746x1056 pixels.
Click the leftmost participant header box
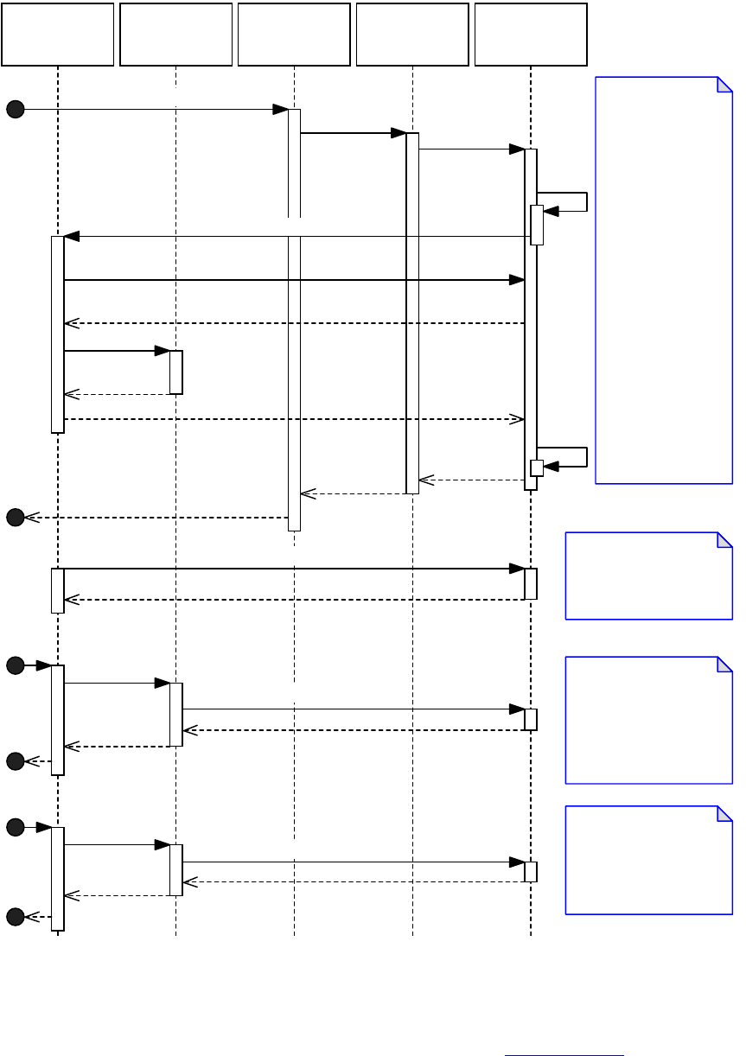click(x=58, y=35)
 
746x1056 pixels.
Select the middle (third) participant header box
click(x=294, y=35)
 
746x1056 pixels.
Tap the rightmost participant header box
click(x=531, y=35)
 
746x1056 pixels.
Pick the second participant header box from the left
click(x=176, y=35)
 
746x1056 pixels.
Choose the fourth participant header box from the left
click(x=412, y=35)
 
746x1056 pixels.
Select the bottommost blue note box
click(x=649, y=860)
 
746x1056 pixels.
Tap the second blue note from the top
click(x=649, y=576)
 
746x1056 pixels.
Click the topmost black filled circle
click(x=15, y=109)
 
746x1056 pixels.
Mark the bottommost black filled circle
click(x=15, y=916)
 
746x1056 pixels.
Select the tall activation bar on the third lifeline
click(x=294, y=320)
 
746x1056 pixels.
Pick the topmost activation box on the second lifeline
click(x=176, y=372)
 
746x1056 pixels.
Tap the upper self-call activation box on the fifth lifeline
click(x=537, y=225)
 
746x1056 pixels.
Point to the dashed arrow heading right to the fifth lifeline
click(x=294, y=419)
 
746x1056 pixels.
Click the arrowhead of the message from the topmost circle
click(x=281, y=109)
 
